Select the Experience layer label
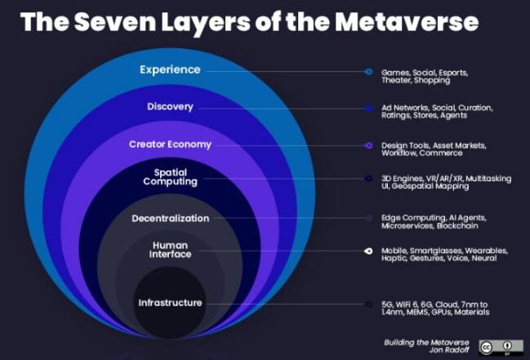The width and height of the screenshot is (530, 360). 170,70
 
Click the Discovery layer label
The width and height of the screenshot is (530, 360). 170,107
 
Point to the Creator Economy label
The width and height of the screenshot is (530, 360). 170,144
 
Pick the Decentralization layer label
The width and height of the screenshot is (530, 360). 170,219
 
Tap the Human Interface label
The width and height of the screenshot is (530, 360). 171,250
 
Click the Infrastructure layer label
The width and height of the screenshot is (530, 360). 170,303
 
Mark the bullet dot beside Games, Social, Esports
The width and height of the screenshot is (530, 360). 369,72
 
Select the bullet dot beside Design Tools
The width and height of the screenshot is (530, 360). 369,145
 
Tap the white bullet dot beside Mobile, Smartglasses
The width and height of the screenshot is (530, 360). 369,251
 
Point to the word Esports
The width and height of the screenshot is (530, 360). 453,73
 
